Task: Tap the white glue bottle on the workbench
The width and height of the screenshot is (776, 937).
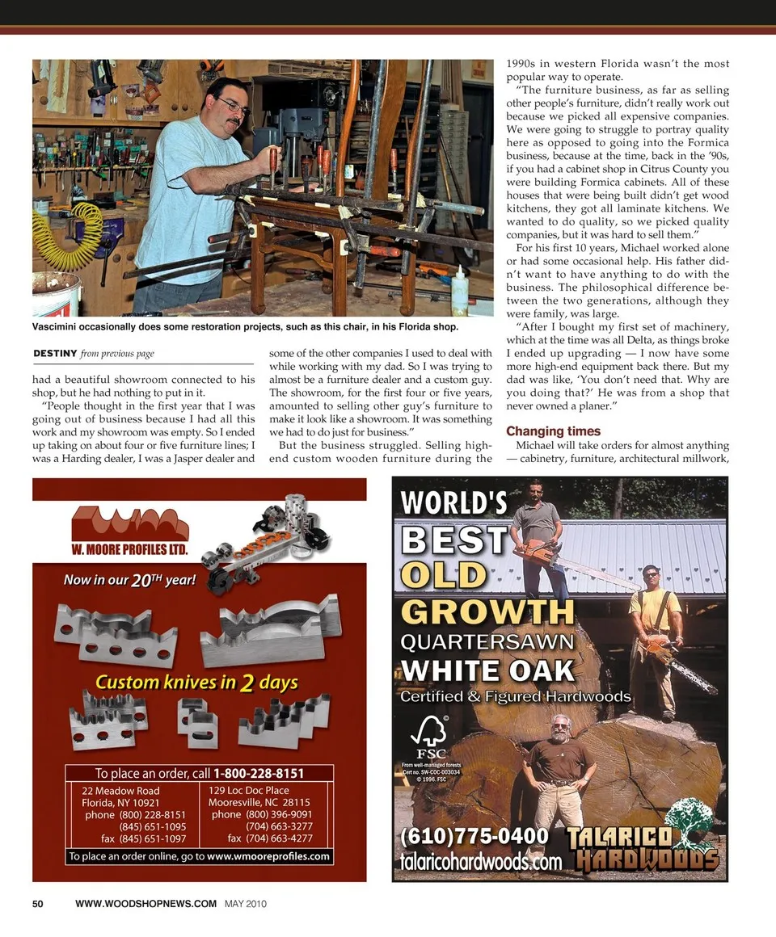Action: [x=459, y=292]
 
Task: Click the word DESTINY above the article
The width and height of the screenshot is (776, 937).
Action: [x=55, y=353]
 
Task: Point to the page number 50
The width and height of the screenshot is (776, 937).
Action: [x=38, y=904]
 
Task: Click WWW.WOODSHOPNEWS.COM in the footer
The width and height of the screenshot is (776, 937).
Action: [x=145, y=904]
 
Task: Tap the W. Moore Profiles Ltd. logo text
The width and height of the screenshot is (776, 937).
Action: [x=129, y=550]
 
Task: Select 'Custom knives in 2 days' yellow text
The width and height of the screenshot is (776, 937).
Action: [x=196, y=683]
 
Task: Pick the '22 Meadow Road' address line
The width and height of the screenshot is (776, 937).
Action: [x=121, y=790]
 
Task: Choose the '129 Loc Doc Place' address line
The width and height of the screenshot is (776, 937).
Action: [x=249, y=790]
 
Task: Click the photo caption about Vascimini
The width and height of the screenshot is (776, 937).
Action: [x=245, y=327]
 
